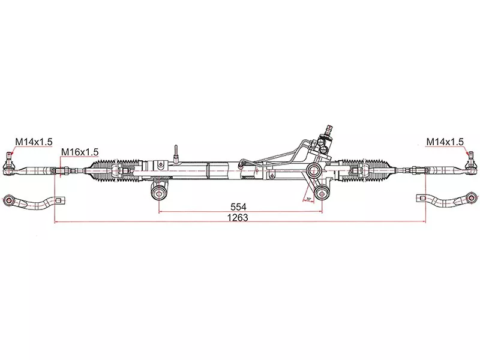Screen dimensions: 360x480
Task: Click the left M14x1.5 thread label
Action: click(x=34, y=142)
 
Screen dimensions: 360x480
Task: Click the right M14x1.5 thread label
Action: click(x=445, y=142)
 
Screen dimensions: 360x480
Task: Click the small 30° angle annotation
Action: click(x=309, y=198)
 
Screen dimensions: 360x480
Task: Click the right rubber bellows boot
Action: click(x=363, y=170)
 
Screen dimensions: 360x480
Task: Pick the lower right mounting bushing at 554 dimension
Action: click(x=323, y=191)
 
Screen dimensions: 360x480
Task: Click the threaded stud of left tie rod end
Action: click(x=10, y=158)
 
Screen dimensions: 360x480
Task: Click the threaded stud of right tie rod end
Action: click(x=469, y=158)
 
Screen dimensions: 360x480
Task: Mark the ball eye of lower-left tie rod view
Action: click(x=9, y=199)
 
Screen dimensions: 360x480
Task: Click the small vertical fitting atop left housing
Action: click(x=175, y=151)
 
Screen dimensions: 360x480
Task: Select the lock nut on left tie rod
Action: click(x=58, y=171)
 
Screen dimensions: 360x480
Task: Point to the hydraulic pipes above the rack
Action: click(x=276, y=154)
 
